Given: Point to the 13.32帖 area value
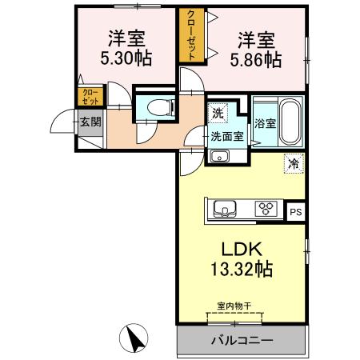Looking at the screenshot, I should pos(242,270).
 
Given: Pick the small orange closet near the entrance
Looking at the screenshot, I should pos(90,97).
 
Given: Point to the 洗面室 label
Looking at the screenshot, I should pos(228,136).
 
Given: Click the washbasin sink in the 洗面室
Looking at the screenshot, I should pos(218,156).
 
